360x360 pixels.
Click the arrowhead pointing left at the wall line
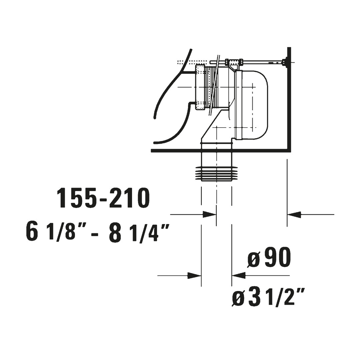pos(294,215)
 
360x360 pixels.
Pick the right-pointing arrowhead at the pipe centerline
pos(209,215)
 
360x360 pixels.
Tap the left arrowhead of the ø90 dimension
pos(194,276)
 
